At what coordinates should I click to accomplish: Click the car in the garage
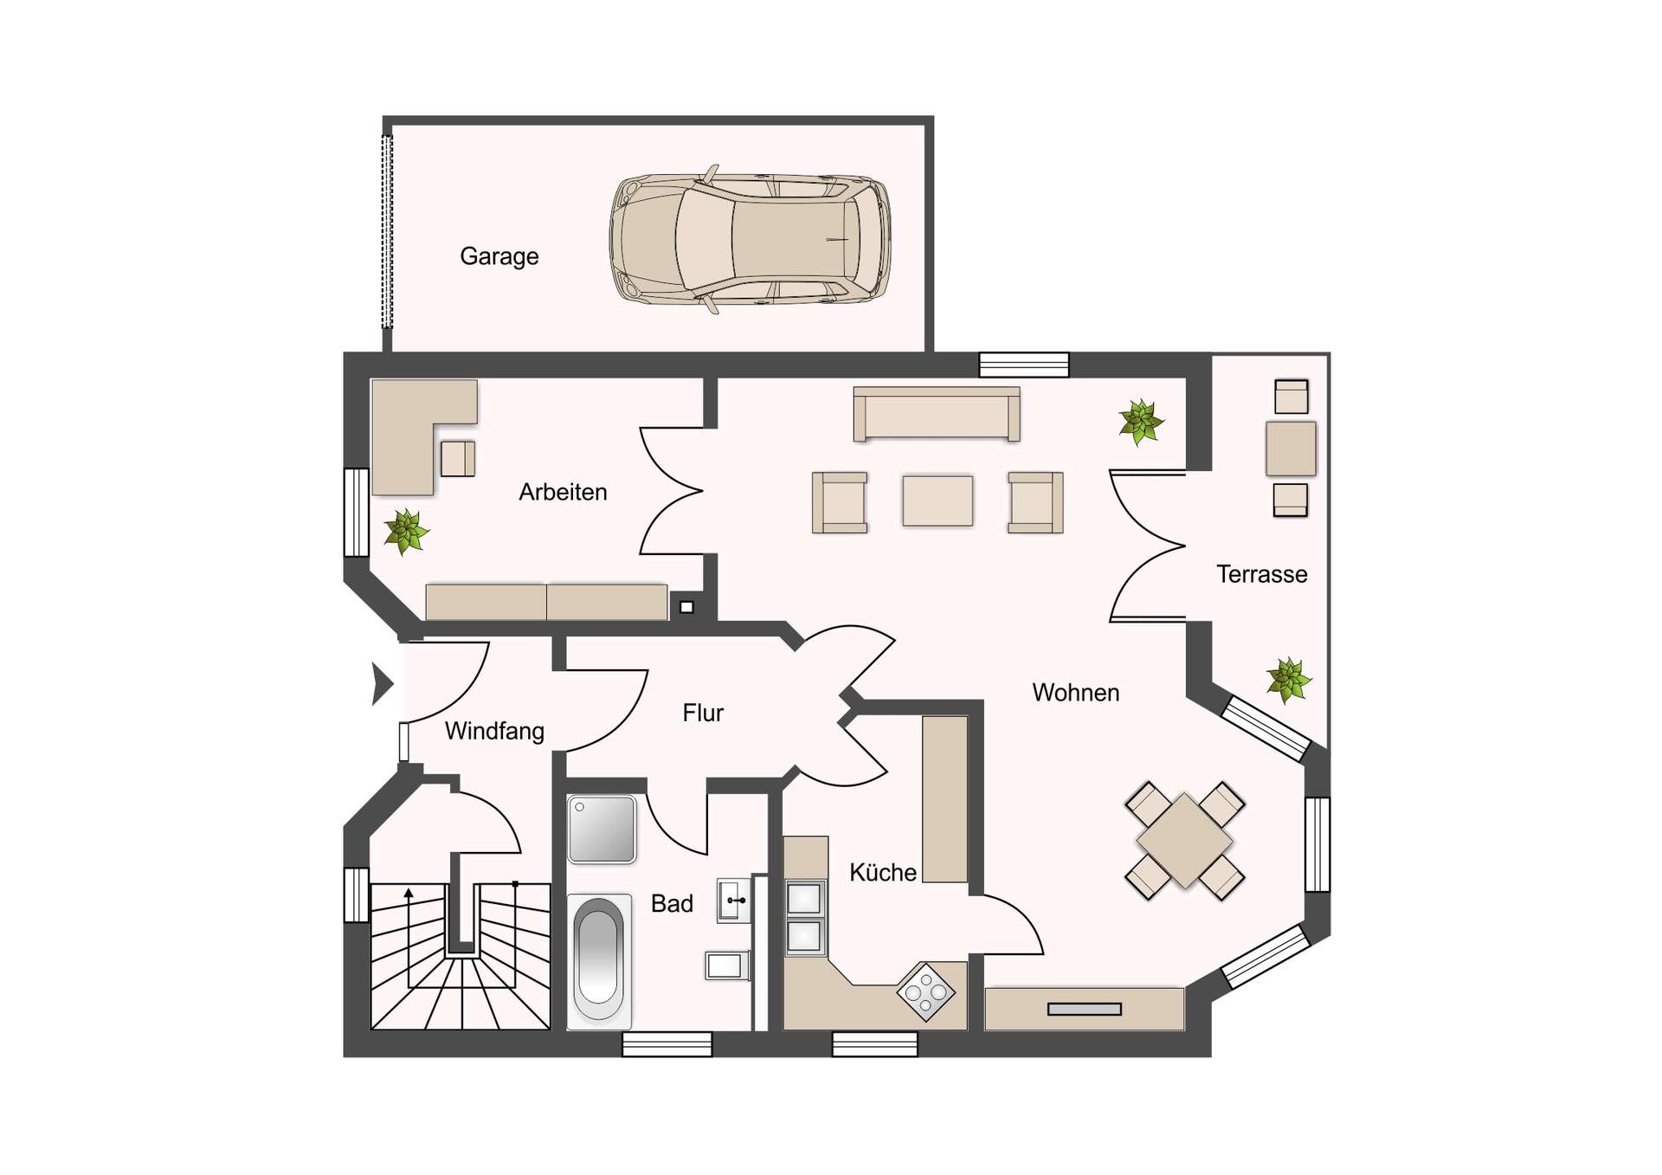point(750,239)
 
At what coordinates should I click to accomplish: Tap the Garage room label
point(499,257)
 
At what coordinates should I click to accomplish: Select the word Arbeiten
point(563,492)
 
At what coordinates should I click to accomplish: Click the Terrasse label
point(1261,574)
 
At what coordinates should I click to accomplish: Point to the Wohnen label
point(1076,693)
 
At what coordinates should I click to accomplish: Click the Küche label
point(883,872)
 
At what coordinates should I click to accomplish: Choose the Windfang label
point(494,732)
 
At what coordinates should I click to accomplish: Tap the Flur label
point(703,713)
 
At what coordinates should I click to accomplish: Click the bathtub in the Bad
point(599,961)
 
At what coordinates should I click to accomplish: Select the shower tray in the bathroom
point(602,830)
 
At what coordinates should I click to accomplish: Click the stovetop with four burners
point(926,992)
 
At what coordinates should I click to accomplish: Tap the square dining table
point(1184,841)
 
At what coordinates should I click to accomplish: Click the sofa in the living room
point(937,414)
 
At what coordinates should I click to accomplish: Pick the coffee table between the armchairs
point(937,500)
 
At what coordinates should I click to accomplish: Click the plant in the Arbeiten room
point(406,531)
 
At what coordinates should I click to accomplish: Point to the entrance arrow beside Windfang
point(383,684)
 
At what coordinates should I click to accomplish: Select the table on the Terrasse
point(1291,449)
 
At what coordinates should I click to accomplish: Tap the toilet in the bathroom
point(727,965)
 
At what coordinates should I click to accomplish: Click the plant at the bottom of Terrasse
point(1289,680)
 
